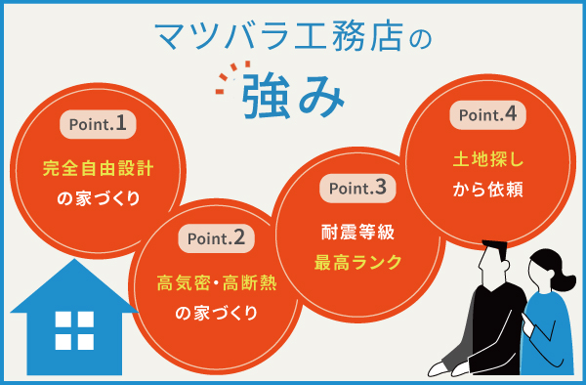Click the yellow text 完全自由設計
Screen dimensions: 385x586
[98, 167]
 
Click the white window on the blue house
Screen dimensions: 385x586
[74, 331]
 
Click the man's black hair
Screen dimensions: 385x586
[493, 252]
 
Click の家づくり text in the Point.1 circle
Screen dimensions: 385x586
[98, 198]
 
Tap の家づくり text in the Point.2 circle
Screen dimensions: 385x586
[216, 314]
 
